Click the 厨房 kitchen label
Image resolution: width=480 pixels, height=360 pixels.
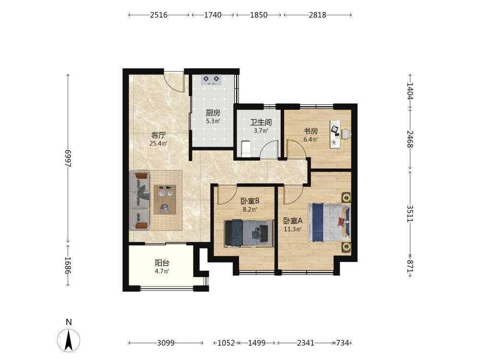coord(213,113)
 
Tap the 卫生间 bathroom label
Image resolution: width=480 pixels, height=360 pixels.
coord(261,122)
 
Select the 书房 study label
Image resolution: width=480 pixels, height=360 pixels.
coord(311,132)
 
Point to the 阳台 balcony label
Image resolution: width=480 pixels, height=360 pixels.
coord(162,263)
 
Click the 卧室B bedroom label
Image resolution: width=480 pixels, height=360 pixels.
coord(250,201)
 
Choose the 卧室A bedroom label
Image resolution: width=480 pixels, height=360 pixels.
coord(293,221)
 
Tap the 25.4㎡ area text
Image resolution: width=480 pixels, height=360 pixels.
coord(158,143)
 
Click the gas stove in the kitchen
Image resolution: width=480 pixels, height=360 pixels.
coord(211,80)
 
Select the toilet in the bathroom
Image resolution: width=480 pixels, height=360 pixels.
coord(246,148)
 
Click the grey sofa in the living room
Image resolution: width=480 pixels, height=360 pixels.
coord(140,201)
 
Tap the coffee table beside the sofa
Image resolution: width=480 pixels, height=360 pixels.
coord(165,200)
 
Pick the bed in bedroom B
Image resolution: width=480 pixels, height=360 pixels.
coord(249,233)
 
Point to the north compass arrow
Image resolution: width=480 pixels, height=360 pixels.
coord(69,340)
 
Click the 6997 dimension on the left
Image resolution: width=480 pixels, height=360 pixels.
coord(68,158)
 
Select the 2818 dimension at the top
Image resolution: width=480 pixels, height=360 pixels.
coord(317,15)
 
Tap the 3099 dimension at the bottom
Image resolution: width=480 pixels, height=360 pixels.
coord(166,343)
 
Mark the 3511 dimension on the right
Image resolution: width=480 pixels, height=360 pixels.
coord(410,214)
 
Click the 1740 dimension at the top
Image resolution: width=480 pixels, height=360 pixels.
coord(213,15)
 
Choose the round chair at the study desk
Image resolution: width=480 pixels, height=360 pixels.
coord(346,134)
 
